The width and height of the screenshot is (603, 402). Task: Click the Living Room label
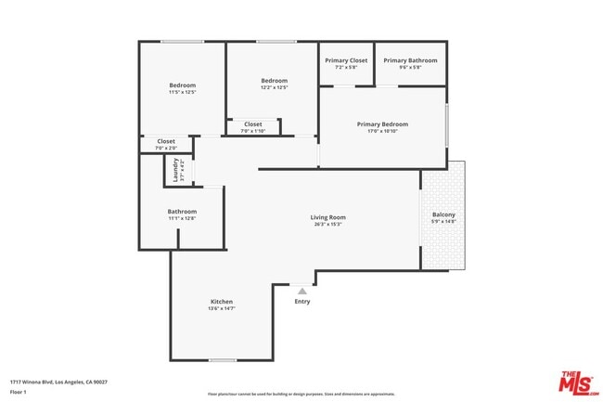327,217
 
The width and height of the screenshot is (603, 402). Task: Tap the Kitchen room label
221,302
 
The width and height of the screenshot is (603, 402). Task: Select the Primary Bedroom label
382,124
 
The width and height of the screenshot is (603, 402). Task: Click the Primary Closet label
346,60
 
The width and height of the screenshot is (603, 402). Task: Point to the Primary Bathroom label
409,60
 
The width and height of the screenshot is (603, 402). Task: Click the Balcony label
443,215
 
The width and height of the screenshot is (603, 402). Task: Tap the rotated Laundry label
173,171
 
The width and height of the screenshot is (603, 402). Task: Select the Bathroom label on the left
182,212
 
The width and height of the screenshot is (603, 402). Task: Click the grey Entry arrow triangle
301,291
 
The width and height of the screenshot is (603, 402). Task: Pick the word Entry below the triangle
302,301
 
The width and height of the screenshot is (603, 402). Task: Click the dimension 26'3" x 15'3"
327,224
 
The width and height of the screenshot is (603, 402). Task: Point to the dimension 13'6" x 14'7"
221,308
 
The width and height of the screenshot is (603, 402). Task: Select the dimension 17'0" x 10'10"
382,131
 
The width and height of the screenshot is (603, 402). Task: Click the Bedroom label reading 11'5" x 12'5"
182,85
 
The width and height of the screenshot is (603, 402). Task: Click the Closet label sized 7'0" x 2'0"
165,141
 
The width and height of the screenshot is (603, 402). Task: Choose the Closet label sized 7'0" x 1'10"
252,124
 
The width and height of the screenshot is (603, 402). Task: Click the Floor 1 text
19,392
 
